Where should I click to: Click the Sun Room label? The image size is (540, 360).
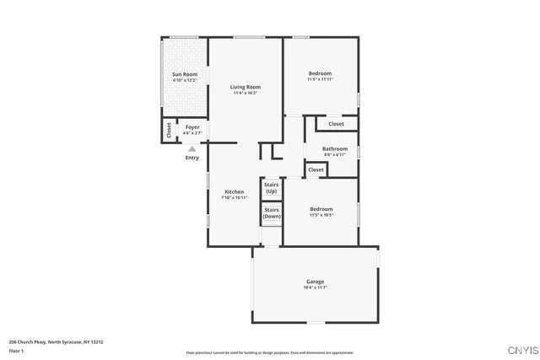coord(185,74)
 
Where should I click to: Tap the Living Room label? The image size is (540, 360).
coord(246,87)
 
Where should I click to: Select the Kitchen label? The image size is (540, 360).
coord(234,192)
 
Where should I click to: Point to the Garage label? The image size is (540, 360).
coord(315,282)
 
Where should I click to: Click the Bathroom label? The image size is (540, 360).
coord(335,148)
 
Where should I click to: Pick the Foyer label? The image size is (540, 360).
coord(192,127)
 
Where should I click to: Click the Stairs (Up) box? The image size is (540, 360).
coord(271,187)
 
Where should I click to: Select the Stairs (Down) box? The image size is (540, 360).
coord(271,212)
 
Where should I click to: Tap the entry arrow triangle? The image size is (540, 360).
coord(192,148)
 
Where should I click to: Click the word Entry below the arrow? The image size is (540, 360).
coord(192,158)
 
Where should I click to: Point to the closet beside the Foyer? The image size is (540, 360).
coord(170,131)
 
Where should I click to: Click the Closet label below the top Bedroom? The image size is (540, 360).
coord(336,124)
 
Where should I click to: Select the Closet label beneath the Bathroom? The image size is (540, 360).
coord(316,169)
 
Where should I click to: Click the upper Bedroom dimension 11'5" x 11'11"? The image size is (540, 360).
coord(321,80)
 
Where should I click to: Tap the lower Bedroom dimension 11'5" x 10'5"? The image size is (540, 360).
coord(321,215)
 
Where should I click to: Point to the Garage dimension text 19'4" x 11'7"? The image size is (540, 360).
coord(315,287)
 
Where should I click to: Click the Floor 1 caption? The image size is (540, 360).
coord(17,350)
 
